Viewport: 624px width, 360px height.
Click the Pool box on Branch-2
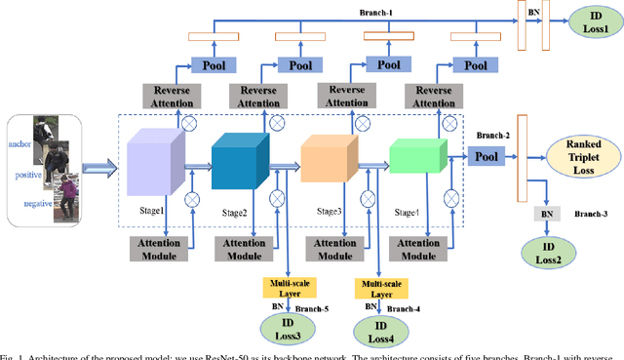click(x=487, y=156)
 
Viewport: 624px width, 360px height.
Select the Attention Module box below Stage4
click(x=418, y=247)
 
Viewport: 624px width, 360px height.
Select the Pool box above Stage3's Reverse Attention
click(x=390, y=64)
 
